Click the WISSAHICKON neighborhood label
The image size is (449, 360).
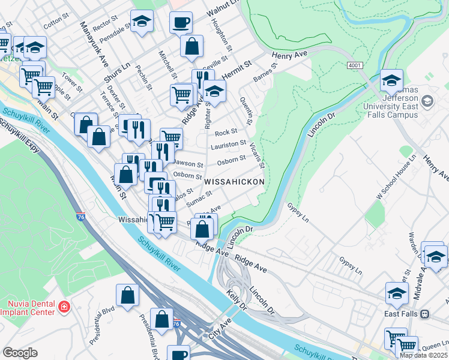234,181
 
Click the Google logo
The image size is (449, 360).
20,353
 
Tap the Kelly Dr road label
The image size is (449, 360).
237,301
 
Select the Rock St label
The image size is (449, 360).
226,131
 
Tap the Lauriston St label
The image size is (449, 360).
228,145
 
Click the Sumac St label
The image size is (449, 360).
199,199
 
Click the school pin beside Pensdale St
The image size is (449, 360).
142,22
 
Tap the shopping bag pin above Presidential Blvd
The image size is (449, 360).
127,295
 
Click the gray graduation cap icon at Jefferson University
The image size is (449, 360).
426,102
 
